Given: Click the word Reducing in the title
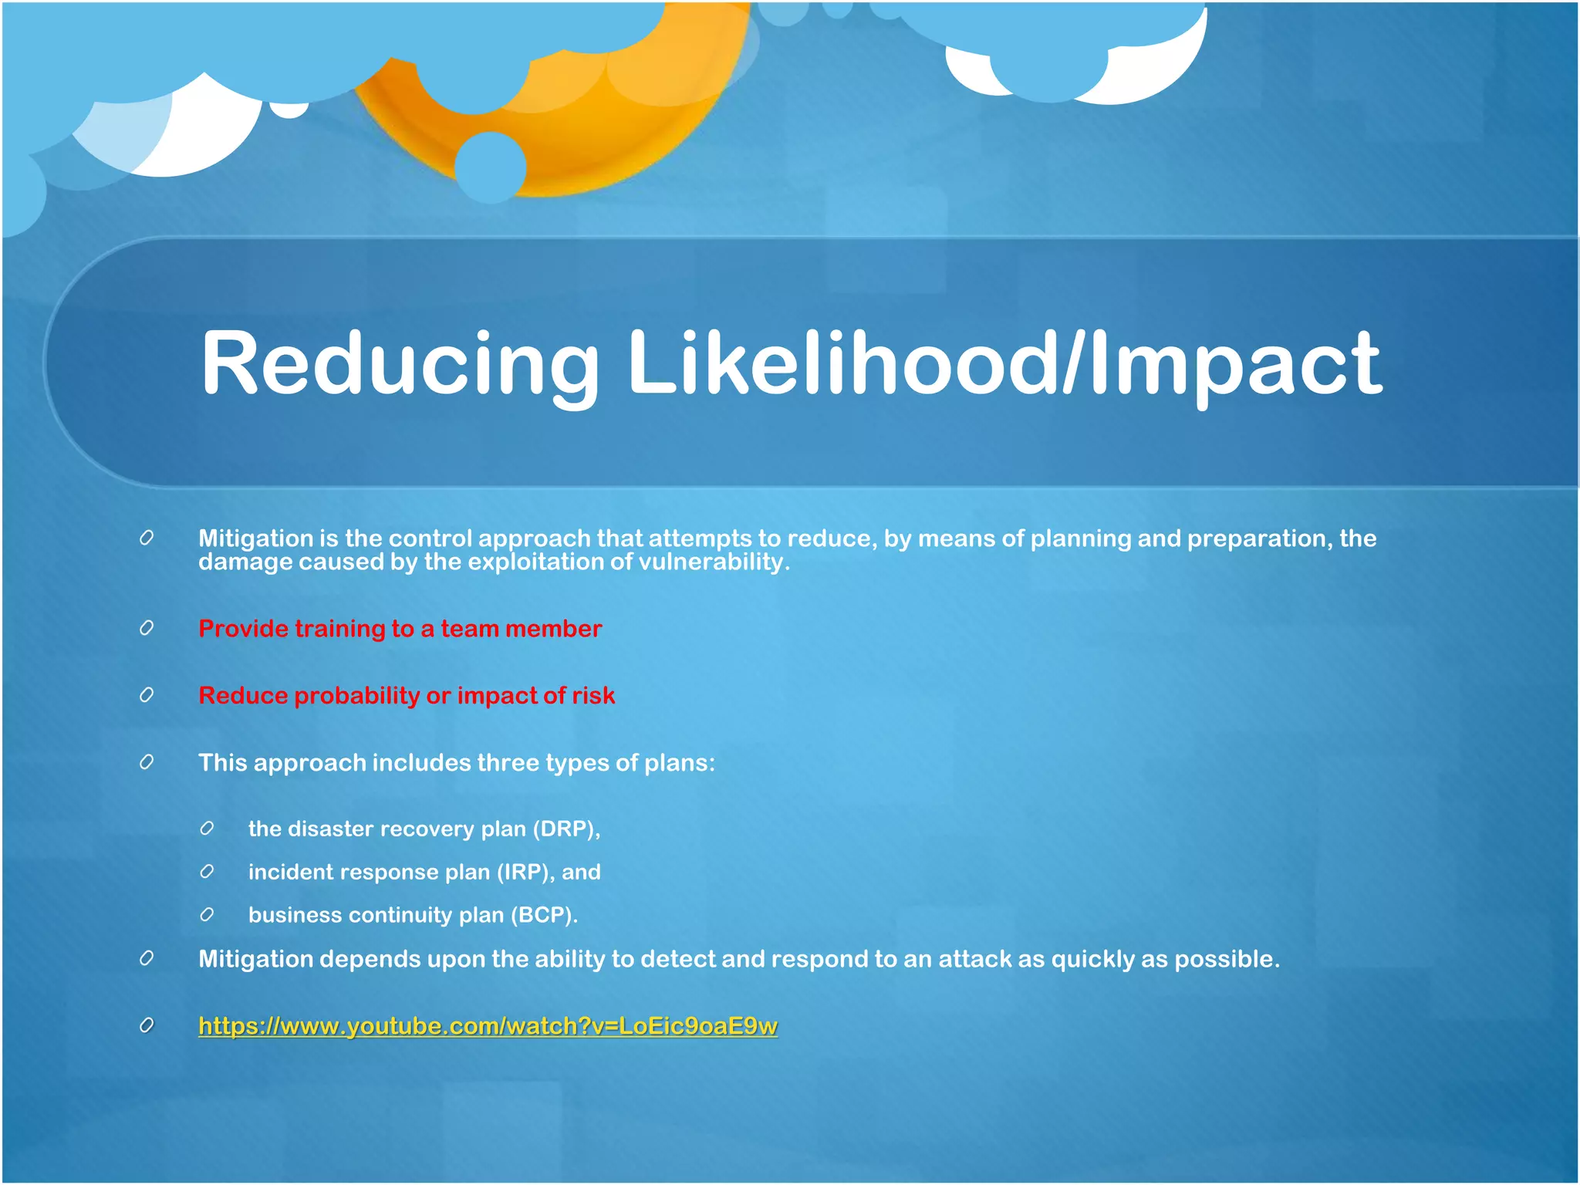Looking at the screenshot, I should tap(400, 363).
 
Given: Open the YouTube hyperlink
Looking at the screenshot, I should tap(488, 1026).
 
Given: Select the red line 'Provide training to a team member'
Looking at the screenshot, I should tap(400, 629).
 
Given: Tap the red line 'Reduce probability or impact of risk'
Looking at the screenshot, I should tap(407, 696).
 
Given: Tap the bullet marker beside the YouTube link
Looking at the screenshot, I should tap(147, 1025).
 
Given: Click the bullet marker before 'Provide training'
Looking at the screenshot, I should tap(147, 628).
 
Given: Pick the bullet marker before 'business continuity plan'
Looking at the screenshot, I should tap(207, 915).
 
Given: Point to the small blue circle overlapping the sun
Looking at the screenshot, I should tap(491, 167).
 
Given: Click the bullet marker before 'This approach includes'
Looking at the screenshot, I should tap(147, 762).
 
